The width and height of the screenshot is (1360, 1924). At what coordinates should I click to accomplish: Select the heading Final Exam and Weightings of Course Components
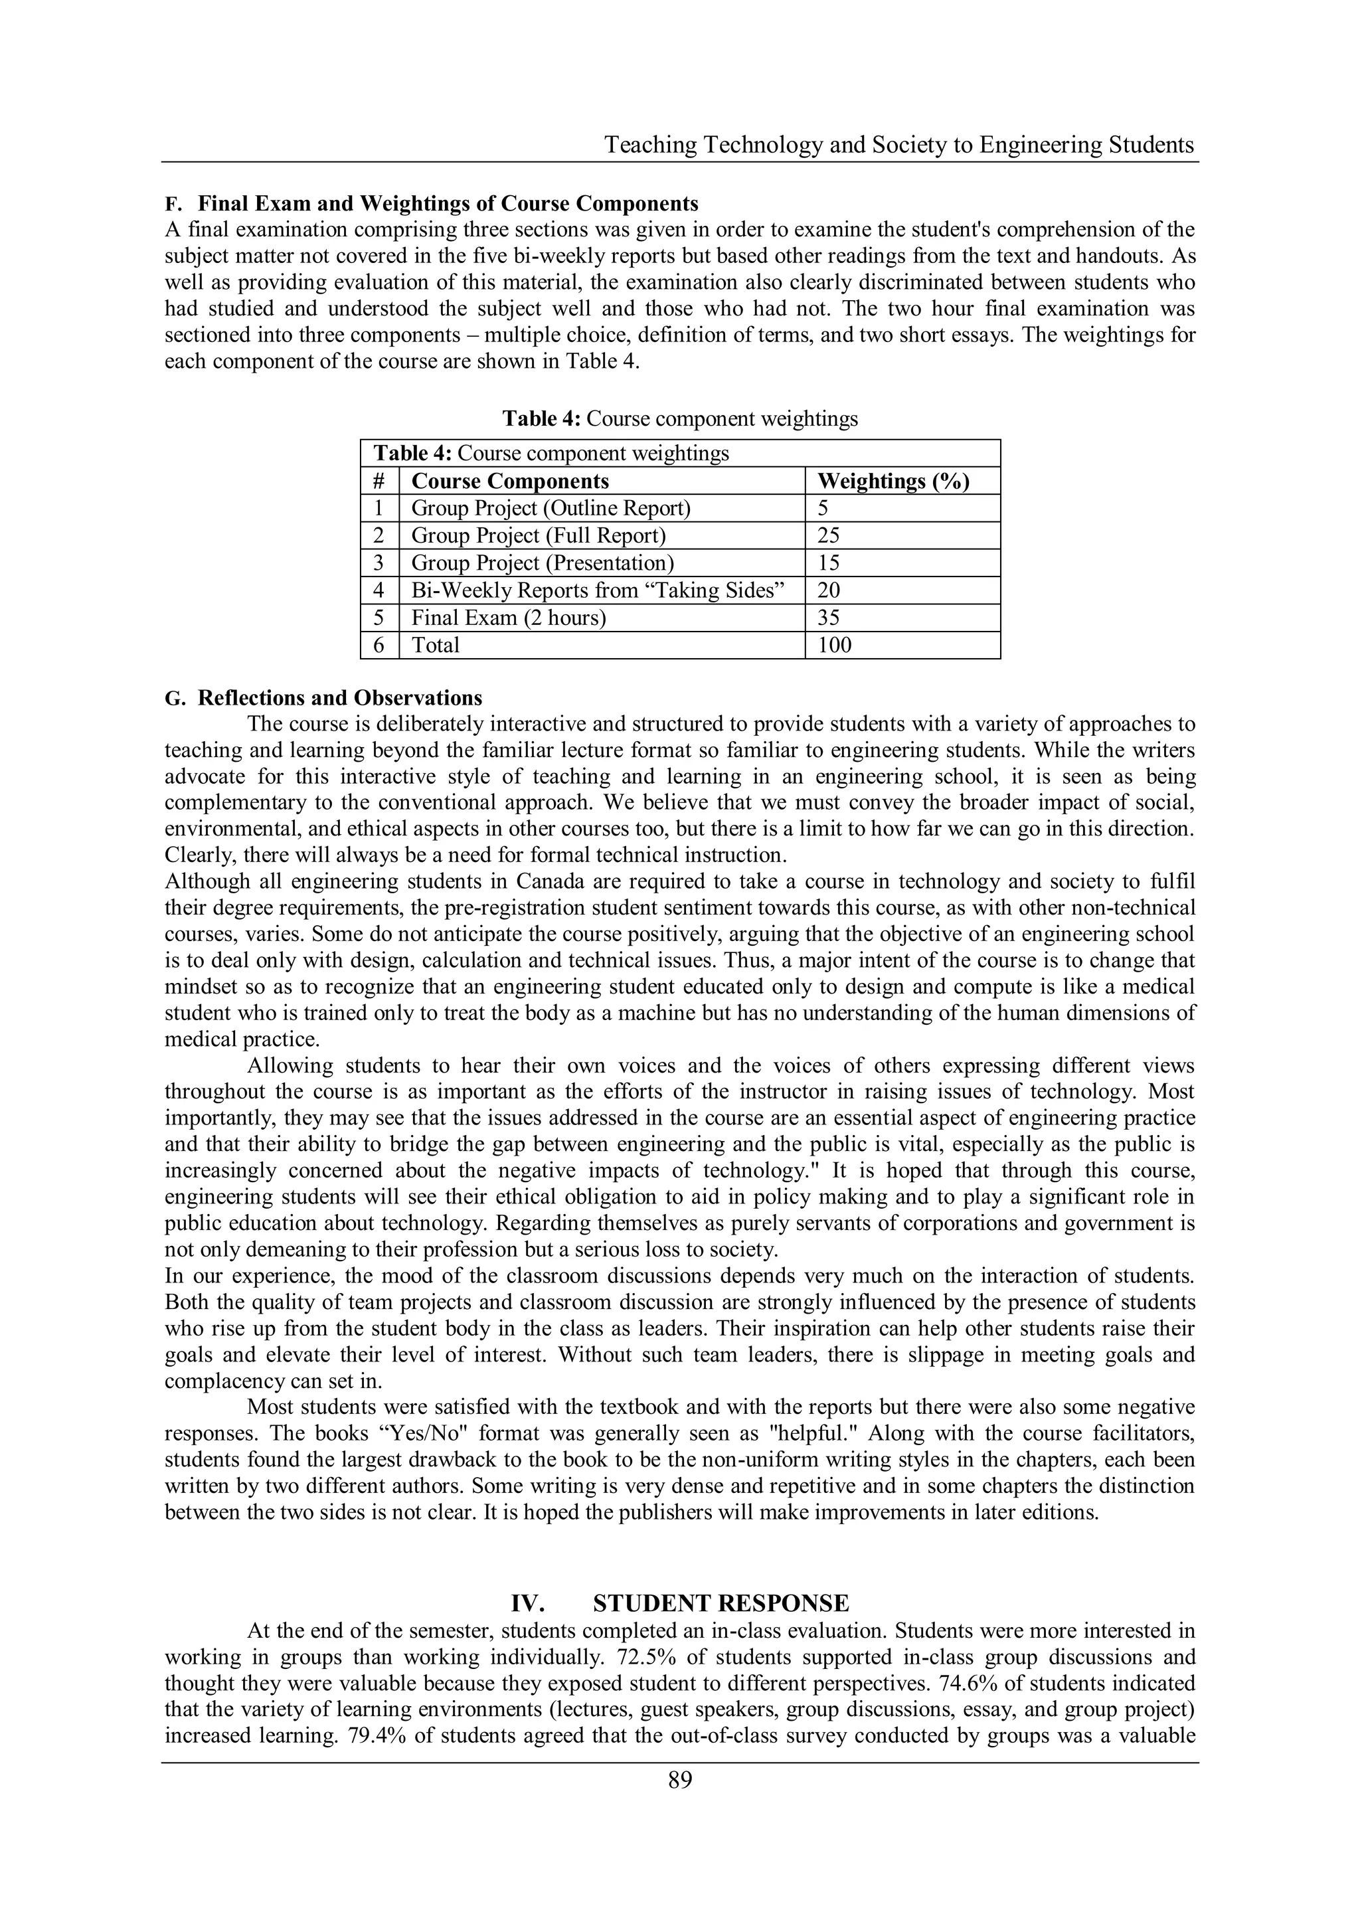448,204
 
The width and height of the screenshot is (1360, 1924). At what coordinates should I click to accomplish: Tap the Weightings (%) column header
892,481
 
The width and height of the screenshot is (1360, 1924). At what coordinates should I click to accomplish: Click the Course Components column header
509,481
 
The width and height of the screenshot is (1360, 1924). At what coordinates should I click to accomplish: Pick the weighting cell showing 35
829,618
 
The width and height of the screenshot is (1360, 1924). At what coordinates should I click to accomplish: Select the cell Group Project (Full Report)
538,535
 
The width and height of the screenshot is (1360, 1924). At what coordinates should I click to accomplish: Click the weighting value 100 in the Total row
834,646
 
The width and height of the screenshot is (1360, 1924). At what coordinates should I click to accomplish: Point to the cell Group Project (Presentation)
542,563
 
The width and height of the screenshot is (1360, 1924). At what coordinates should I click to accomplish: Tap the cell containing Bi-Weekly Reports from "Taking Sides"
598,591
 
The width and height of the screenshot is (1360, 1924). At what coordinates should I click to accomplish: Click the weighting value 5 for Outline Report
823,509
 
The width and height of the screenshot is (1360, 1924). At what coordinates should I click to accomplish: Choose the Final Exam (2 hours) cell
508,618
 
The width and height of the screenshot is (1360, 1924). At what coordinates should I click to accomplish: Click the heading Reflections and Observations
339,698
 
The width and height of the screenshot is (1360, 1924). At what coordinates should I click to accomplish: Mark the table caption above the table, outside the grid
679,418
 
